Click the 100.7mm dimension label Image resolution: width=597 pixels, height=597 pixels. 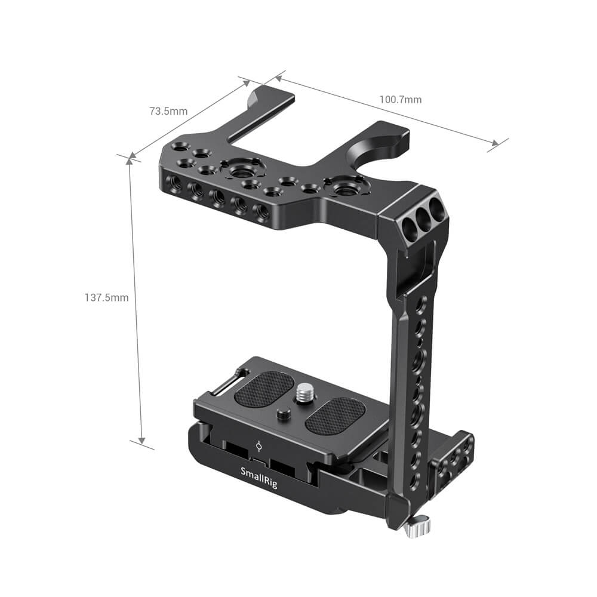tap(400, 100)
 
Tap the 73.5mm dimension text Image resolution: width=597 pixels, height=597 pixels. tap(168, 111)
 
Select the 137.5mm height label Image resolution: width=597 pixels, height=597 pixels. tap(107, 297)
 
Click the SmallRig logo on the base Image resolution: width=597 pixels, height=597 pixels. tap(259, 478)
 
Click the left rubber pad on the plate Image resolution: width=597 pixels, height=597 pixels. tap(264, 389)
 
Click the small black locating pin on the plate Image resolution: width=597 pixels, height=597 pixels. tap(282, 414)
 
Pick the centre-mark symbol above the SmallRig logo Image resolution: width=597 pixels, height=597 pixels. tap(259, 447)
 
